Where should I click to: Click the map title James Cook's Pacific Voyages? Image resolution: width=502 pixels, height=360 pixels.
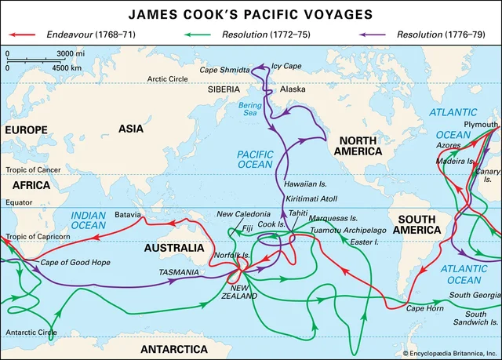pyautogui.click(x=250, y=13)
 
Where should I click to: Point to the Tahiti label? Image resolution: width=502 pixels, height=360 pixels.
pyautogui.click(x=299, y=213)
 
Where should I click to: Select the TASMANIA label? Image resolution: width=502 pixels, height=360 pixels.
pyautogui.click(x=180, y=271)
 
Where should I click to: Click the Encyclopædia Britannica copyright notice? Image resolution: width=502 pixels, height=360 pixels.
pyautogui.click(x=449, y=354)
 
